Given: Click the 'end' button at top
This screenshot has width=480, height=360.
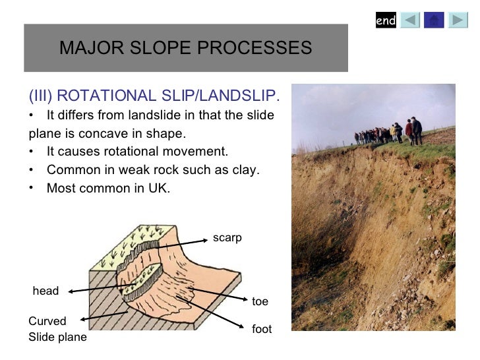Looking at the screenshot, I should click(386, 21).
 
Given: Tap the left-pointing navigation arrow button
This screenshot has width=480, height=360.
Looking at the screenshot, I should click(410, 21).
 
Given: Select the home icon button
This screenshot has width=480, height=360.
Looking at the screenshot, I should click(433, 21).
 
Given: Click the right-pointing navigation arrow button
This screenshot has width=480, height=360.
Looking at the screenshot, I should click(458, 21).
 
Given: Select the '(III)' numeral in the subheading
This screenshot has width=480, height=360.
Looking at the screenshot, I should click(40, 98).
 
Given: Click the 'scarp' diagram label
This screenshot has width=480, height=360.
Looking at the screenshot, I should click(227, 238).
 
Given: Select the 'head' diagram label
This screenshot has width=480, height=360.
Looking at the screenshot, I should click(45, 291).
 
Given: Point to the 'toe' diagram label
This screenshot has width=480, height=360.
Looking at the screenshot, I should click(260, 301).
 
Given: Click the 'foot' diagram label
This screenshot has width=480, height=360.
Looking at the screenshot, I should click(261, 329).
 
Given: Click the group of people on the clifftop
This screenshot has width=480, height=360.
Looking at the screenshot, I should click(389, 131).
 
